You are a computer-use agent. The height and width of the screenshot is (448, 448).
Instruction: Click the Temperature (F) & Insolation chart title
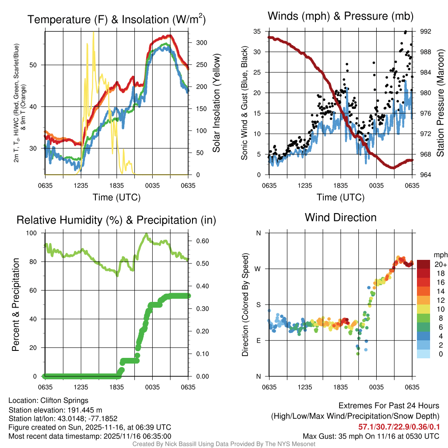[x=116, y=19]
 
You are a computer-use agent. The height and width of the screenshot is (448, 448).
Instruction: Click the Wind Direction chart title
[x=340, y=217]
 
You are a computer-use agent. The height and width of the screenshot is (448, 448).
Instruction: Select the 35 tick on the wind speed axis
[x=257, y=31]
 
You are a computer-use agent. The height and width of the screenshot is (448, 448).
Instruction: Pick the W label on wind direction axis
[x=258, y=269]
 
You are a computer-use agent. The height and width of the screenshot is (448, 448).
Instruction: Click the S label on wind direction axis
[x=258, y=304]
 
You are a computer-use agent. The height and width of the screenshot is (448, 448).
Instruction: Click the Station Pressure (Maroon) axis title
[x=441, y=102]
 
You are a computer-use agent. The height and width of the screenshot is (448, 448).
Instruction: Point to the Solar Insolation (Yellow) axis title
[x=216, y=103]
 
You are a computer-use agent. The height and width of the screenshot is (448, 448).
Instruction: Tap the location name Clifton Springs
[x=64, y=400]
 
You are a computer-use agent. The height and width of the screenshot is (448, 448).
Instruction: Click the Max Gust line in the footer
[x=371, y=436]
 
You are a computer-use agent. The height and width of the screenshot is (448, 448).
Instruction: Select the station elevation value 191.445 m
[x=87, y=409]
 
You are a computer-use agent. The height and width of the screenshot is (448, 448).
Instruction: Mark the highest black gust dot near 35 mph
[x=406, y=31]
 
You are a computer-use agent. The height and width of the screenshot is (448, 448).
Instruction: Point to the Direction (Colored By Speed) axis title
[x=245, y=304]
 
